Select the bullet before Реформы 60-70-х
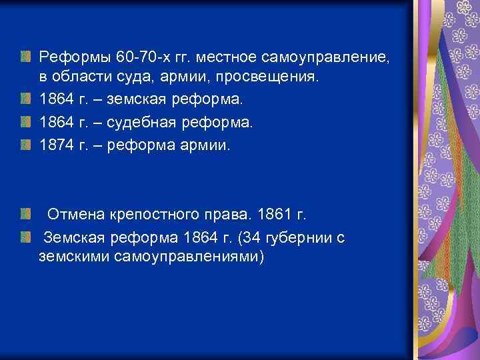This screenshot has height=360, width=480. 25,57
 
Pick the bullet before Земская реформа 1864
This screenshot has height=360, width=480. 25,237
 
